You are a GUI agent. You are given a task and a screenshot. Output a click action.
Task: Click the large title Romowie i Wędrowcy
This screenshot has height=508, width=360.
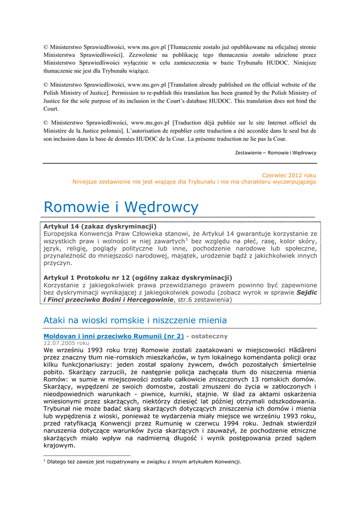(x=121, y=207)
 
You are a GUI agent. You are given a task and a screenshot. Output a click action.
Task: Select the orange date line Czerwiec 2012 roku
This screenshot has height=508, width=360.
(x=288, y=175)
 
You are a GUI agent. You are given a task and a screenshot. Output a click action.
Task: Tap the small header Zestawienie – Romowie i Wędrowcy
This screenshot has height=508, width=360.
(x=276, y=152)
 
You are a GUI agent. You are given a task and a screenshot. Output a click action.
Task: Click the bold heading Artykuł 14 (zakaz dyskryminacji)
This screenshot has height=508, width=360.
(x=100, y=226)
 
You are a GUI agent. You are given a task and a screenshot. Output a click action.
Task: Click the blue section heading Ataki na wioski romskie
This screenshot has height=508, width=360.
(x=135, y=320)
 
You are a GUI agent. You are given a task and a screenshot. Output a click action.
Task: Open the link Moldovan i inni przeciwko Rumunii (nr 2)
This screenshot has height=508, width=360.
(x=114, y=336)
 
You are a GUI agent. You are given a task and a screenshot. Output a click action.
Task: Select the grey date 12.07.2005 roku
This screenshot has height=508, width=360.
(x=66, y=342)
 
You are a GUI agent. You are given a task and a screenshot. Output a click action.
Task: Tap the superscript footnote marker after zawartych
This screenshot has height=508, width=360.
(x=186, y=239)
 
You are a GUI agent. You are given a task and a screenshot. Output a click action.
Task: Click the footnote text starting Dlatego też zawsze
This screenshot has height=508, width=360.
(x=144, y=462)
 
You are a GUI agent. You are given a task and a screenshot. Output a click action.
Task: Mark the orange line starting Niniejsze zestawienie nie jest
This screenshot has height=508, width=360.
(x=194, y=182)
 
